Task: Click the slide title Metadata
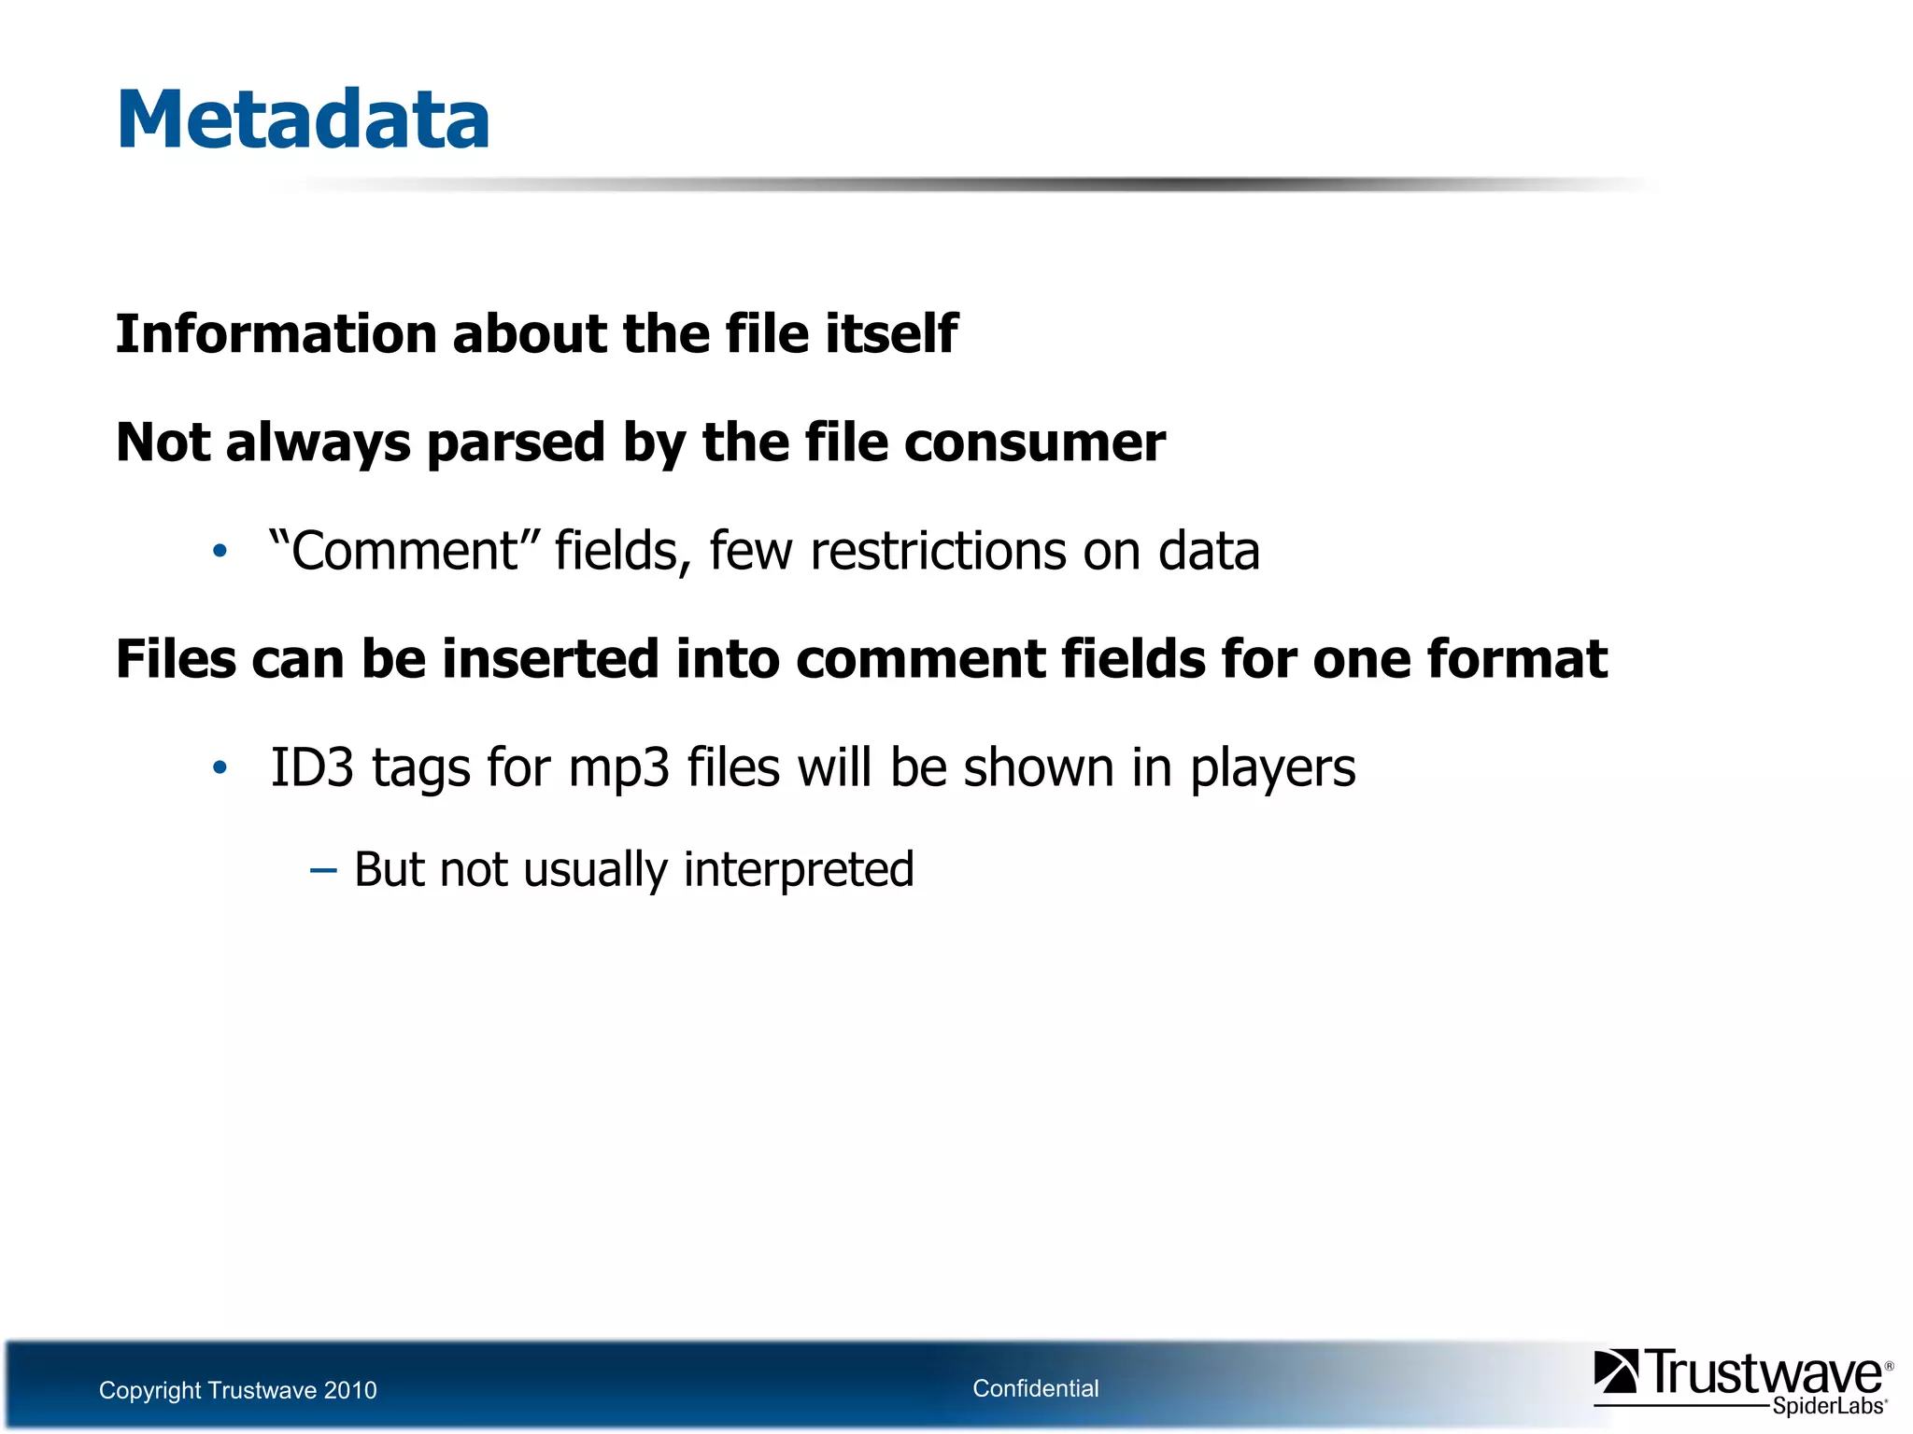pos(303,119)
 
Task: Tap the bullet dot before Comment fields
pos(220,552)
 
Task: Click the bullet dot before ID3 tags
pos(220,768)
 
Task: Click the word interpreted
pos(799,870)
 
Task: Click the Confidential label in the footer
pos(1035,1388)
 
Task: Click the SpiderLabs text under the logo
pos(1828,1406)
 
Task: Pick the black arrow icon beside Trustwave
pos(1615,1371)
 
